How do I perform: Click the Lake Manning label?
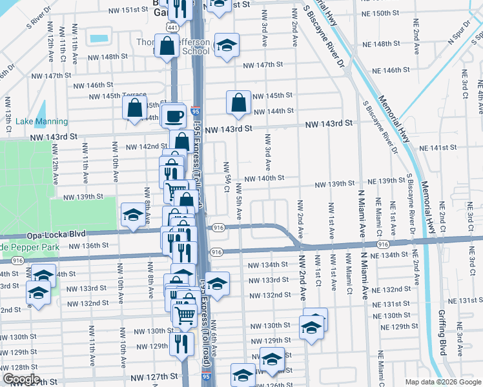click(x=41, y=121)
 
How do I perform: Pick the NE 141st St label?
click(x=442, y=148)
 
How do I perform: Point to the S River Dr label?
click(x=38, y=20)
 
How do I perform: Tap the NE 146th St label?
click(x=400, y=70)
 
